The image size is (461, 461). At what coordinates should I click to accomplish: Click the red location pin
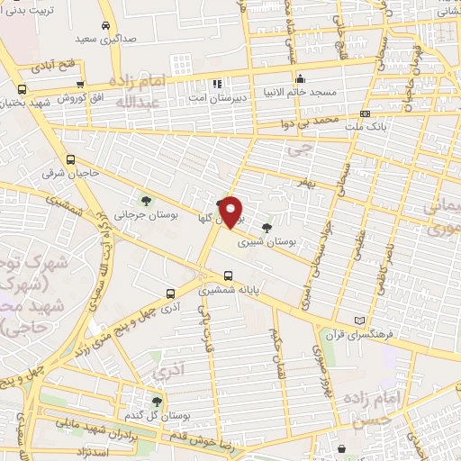pos(232,211)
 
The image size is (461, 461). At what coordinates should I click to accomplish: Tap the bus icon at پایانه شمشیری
pos(227,276)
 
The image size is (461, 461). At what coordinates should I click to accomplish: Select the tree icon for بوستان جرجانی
pos(146,201)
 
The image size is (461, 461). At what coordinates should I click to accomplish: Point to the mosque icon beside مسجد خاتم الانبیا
pos(301,78)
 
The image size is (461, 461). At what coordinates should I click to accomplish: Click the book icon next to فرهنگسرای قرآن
pos(361,320)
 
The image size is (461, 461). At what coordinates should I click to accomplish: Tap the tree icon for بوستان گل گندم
pos(157,401)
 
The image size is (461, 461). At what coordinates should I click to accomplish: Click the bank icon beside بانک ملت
pos(365,113)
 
